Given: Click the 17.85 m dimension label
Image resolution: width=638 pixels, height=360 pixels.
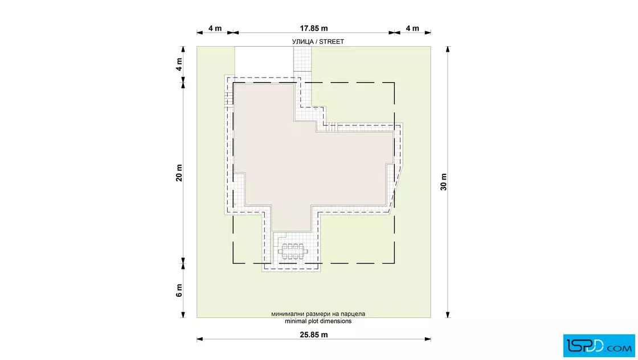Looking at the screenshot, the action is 314,28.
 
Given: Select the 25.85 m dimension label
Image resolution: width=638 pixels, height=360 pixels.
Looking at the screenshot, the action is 314,335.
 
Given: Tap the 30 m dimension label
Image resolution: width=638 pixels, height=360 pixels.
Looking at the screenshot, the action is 444,182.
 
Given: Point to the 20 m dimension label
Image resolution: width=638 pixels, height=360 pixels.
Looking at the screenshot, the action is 179,173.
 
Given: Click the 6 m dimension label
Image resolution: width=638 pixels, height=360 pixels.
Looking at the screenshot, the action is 179,291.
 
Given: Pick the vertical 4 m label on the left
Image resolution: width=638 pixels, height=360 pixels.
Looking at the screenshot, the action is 179,64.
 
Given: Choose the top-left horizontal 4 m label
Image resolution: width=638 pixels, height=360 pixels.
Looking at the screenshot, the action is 215,28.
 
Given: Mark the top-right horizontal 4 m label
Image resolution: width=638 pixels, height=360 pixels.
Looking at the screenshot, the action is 412,28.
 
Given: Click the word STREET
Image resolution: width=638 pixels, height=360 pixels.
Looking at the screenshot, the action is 332,42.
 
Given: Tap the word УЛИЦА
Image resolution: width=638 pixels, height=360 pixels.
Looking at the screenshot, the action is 302,42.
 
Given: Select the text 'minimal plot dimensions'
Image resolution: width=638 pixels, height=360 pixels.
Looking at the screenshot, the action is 318,321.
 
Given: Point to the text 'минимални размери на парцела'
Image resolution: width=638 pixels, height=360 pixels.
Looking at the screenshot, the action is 318,314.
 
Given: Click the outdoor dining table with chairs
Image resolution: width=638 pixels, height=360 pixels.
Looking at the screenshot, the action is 293,251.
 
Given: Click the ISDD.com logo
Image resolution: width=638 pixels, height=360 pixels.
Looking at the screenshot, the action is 599,346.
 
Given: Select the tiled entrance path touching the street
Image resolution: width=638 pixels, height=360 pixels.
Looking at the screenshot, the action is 302,64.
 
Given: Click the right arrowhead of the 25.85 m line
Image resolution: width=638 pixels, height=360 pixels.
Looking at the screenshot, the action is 428,339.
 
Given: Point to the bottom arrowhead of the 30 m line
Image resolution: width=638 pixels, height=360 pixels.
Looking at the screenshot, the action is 448,314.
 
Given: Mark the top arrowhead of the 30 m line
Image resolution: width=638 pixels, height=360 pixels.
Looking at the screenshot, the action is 448,49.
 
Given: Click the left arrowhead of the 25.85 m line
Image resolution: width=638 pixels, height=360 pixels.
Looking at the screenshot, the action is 200,339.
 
